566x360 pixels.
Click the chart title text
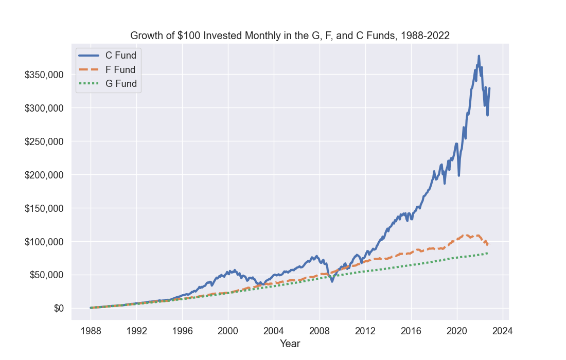pyautogui.click(x=290, y=35)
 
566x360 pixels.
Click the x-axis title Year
pyautogui.click(x=290, y=344)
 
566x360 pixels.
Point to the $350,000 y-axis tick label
pyautogui.click(x=44, y=75)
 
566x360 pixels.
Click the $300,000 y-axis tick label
pyautogui.click(x=44, y=109)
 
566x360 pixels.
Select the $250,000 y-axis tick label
pyautogui.click(x=44, y=142)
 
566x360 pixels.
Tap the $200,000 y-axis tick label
pyautogui.click(x=44, y=175)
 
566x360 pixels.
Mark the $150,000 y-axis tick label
pyautogui.click(x=44, y=209)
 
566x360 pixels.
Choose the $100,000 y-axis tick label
pyautogui.click(x=44, y=242)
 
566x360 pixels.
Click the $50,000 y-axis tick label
pyautogui.click(x=46, y=275)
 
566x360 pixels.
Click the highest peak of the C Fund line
pyautogui.click(x=479, y=56)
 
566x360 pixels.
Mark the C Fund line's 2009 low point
pyautogui.click(x=332, y=281)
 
